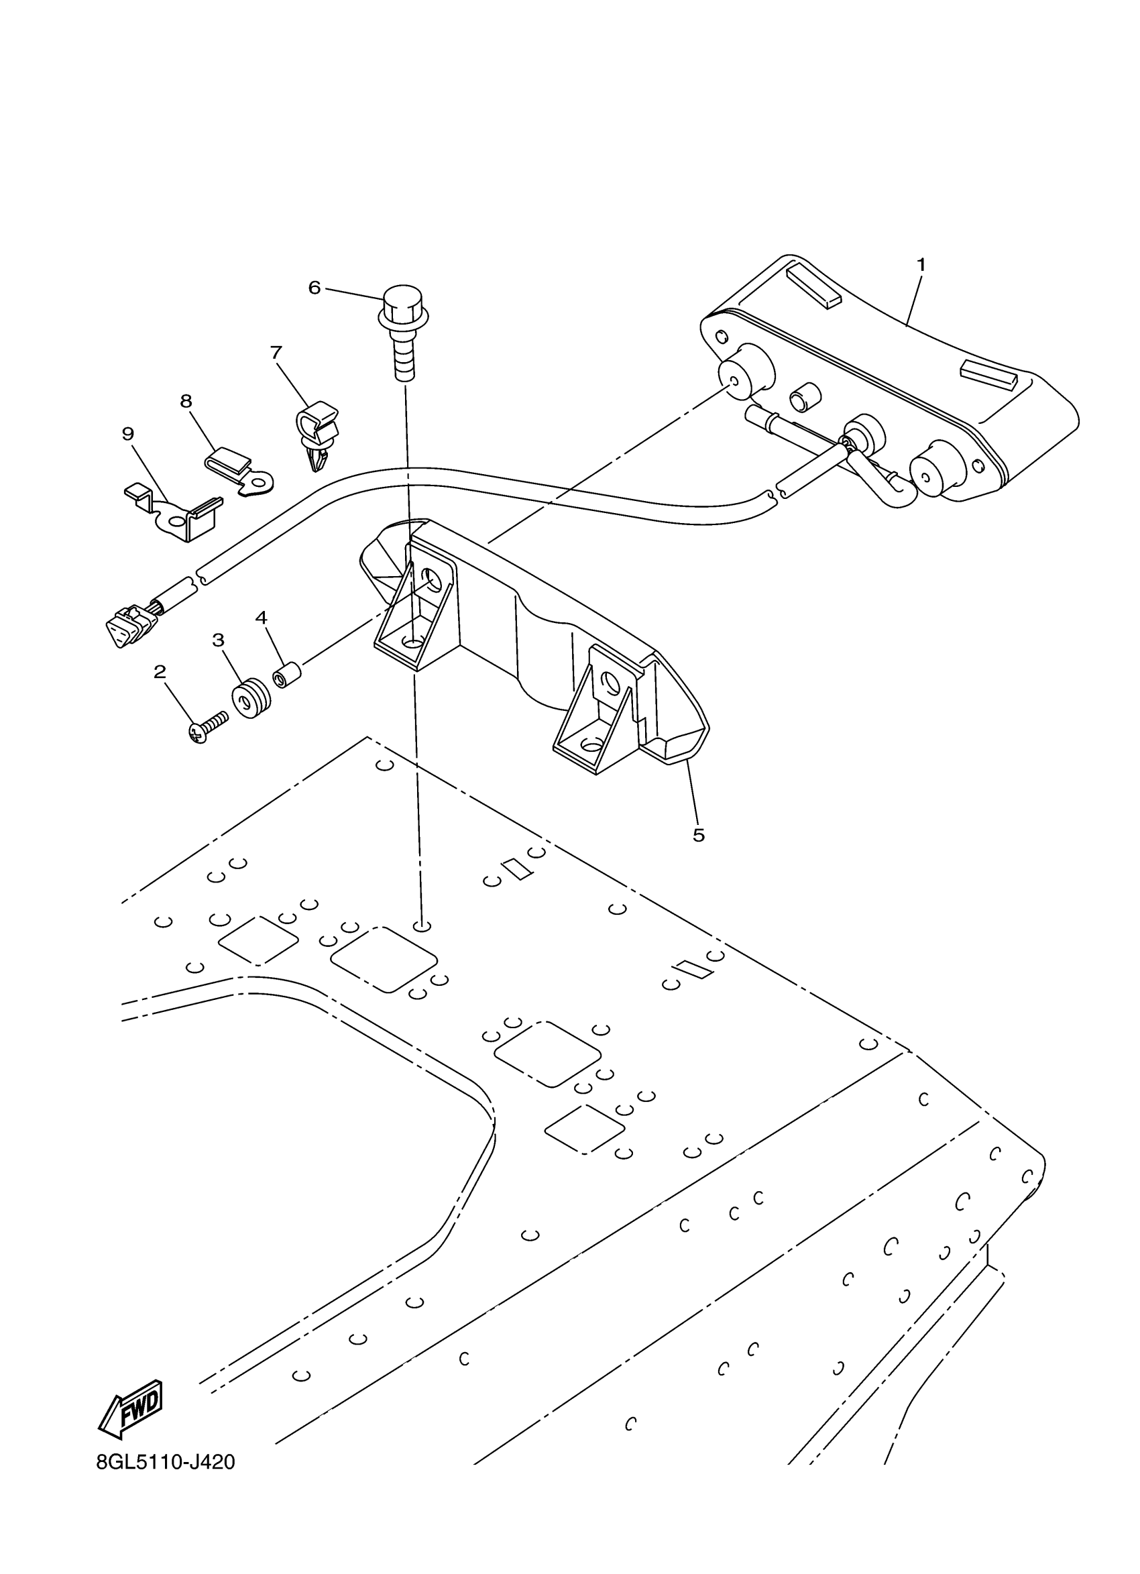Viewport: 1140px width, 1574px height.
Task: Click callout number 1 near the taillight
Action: [x=921, y=264]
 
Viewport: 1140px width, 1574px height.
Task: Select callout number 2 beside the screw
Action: [x=160, y=671]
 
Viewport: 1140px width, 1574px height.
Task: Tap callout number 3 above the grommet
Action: [x=218, y=639]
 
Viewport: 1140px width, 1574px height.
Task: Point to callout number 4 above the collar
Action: [x=261, y=617]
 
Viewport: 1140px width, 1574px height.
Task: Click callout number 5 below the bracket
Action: [x=698, y=835]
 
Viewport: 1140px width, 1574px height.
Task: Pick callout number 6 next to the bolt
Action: [x=315, y=287]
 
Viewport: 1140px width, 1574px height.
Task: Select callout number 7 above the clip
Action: [x=276, y=353]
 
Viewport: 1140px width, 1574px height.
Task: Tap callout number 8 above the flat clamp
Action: [x=186, y=400]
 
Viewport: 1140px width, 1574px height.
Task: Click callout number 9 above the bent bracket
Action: [x=127, y=434]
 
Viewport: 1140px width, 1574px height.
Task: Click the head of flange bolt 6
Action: [x=403, y=305]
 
